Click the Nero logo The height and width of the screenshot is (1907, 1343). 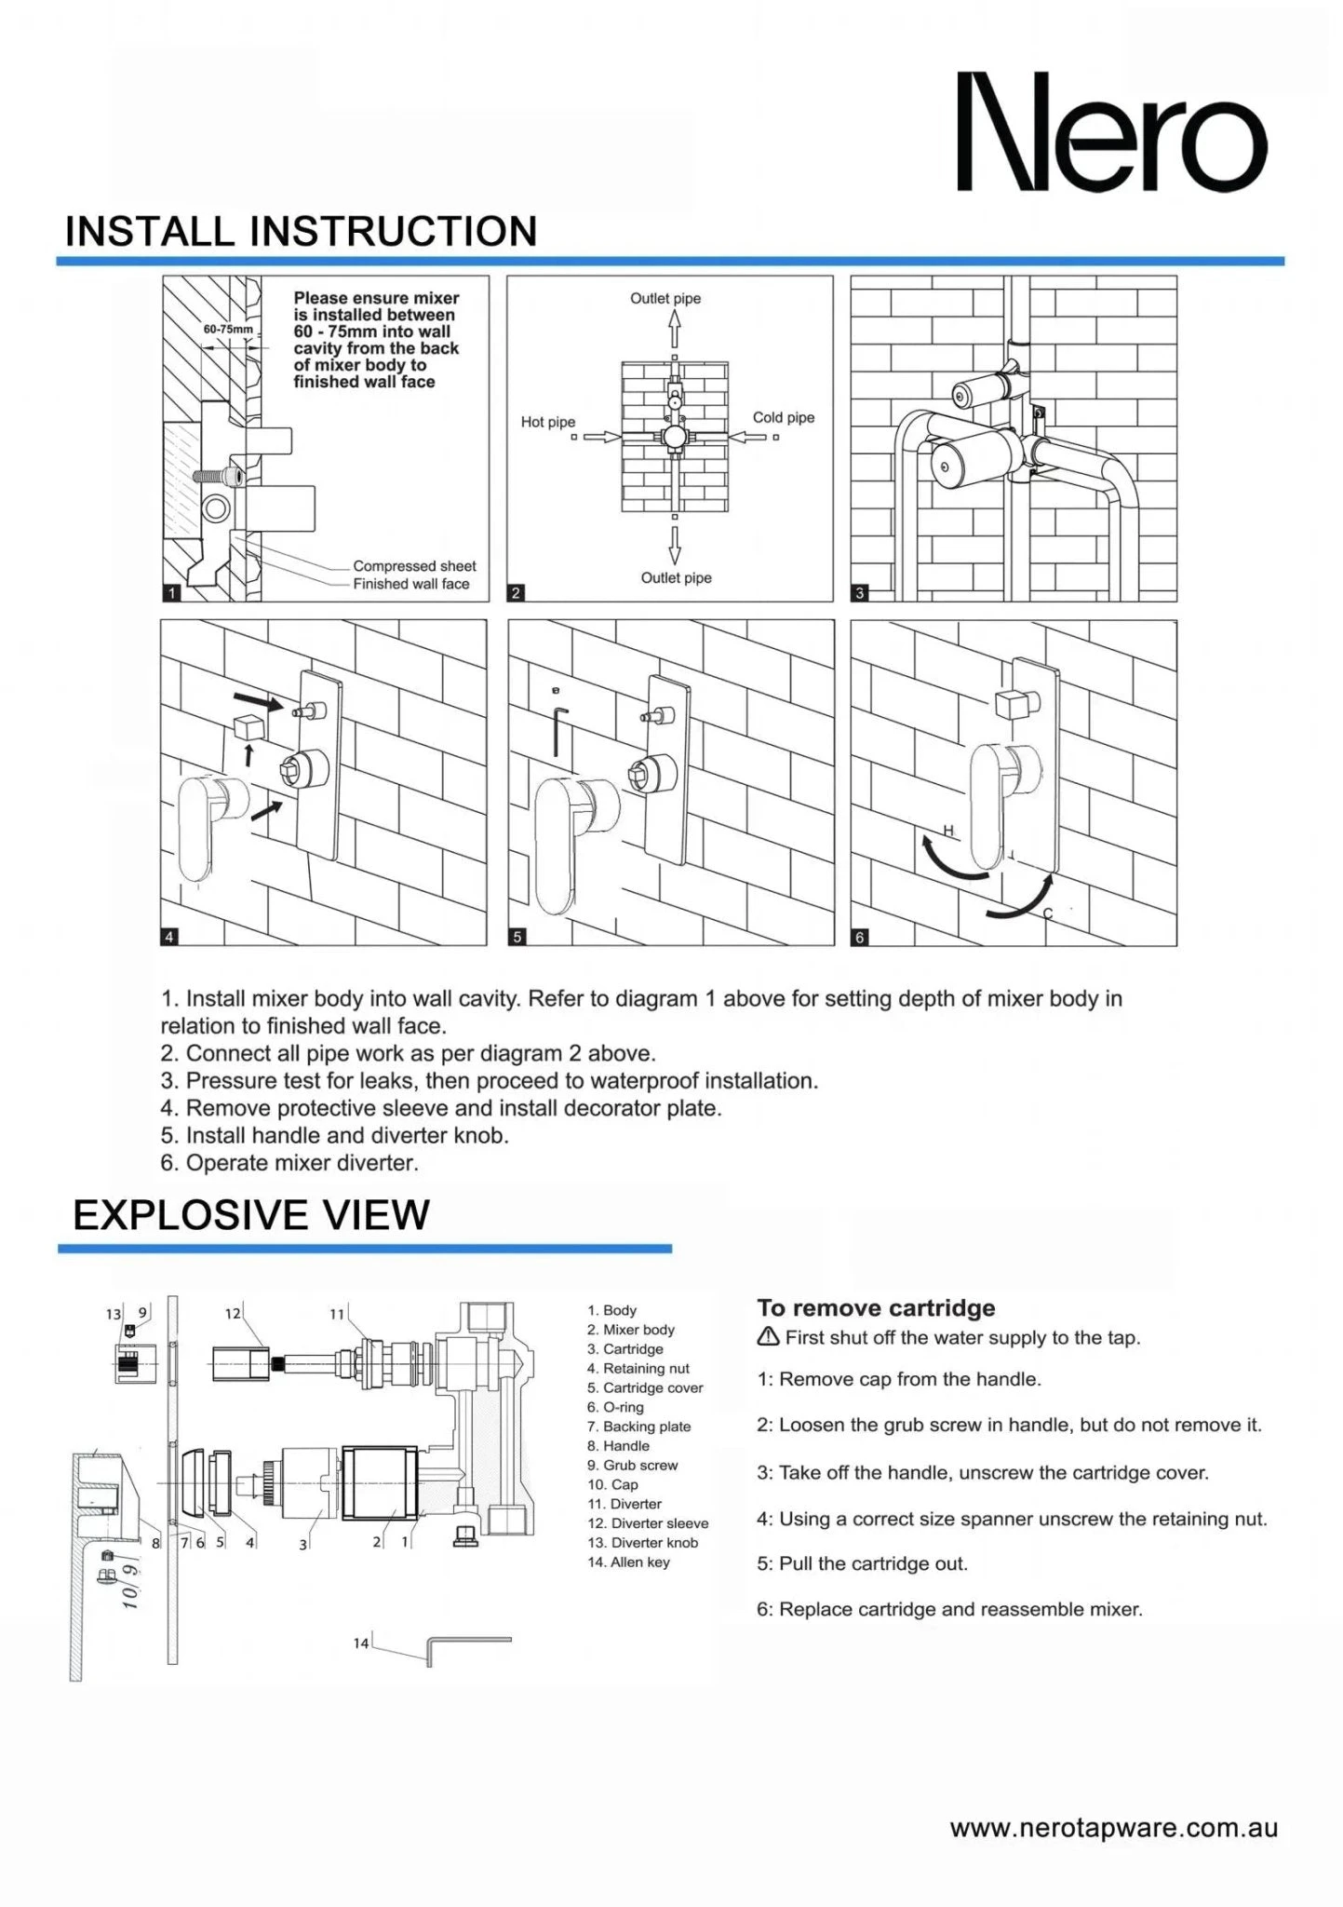tap(1111, 133)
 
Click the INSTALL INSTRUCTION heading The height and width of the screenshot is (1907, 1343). tap(301, 231)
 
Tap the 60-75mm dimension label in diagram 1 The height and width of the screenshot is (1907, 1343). tap(227, 329)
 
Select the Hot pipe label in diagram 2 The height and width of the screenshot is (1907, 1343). tap(547, 422)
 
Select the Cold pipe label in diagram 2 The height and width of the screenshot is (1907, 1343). tap(783, 417)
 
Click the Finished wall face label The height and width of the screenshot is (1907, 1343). tap(410, 584)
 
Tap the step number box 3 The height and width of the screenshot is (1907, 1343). tap(860, 592)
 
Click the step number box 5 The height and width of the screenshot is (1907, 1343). tap(517, 937)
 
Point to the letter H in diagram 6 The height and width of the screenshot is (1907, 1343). tap(948, 829)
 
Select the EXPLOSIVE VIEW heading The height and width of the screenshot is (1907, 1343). tap(251, 1214)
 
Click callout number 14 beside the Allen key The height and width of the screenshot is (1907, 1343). tap(361, 1643)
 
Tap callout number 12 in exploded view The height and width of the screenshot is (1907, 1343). tap(232, 1313)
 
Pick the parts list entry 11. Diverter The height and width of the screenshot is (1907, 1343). tap(624, 1503)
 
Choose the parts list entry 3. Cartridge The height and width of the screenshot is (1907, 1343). tap(624, 1348)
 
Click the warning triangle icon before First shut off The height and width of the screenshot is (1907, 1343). tap(768, 1337)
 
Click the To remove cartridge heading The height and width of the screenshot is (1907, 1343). tap(875, 1307)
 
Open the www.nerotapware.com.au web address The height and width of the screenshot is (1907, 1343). tap(1113, 1827)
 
